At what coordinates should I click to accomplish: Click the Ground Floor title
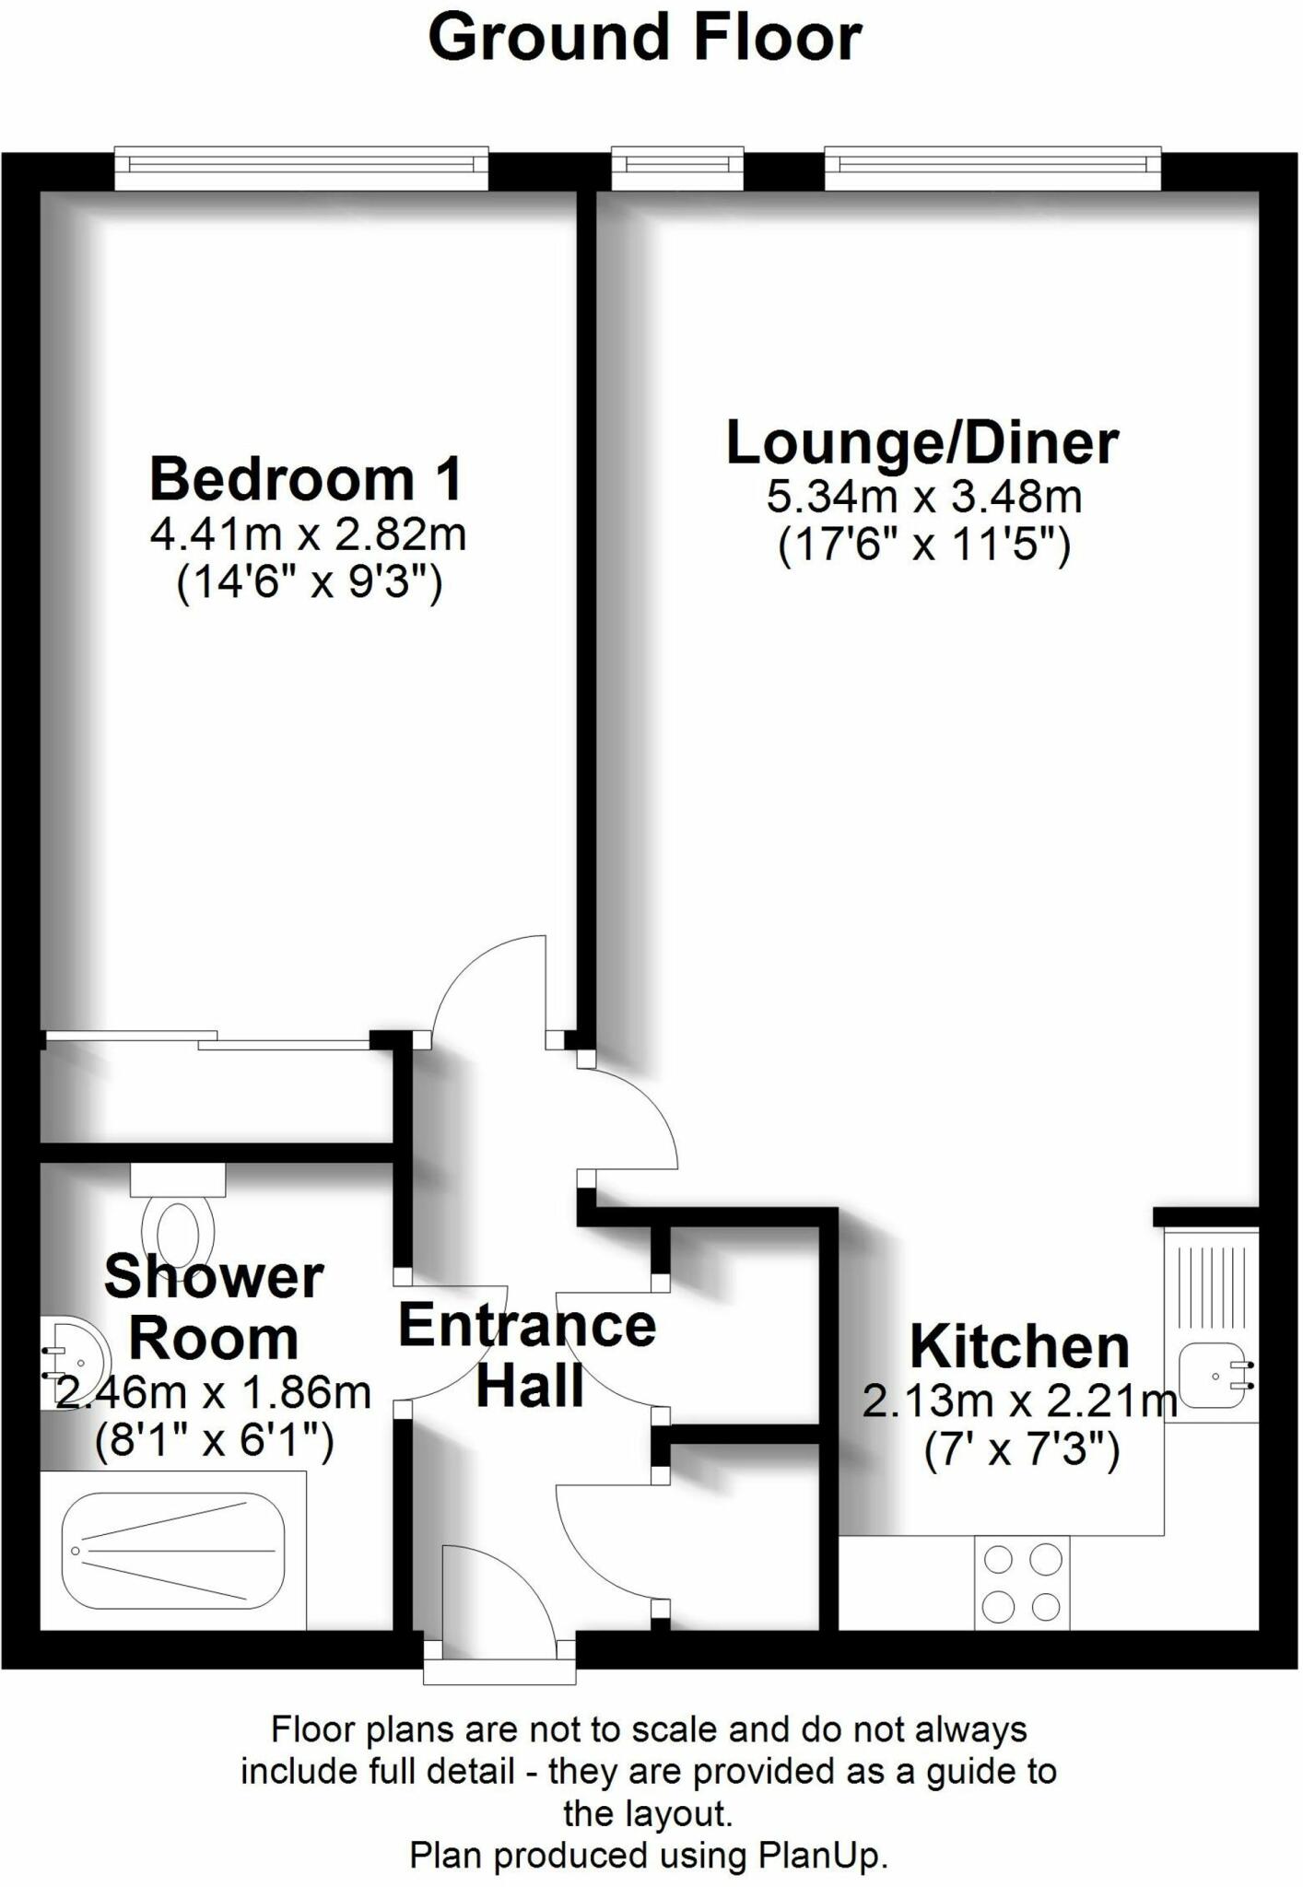645,39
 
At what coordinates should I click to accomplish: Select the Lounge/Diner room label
922,442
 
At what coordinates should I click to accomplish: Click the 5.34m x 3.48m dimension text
924,498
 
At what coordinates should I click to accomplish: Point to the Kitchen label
1019,1347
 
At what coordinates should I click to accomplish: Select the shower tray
173,1550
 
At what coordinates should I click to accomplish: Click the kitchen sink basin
1215,1376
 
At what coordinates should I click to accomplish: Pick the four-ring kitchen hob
1022,1583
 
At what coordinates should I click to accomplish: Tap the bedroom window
301,167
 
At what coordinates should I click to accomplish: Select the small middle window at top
677,167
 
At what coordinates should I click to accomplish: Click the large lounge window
992,167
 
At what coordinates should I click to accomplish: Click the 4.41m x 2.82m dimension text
308,534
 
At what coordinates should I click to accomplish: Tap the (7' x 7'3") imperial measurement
1021,1451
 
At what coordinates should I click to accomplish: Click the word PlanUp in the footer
820,1855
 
